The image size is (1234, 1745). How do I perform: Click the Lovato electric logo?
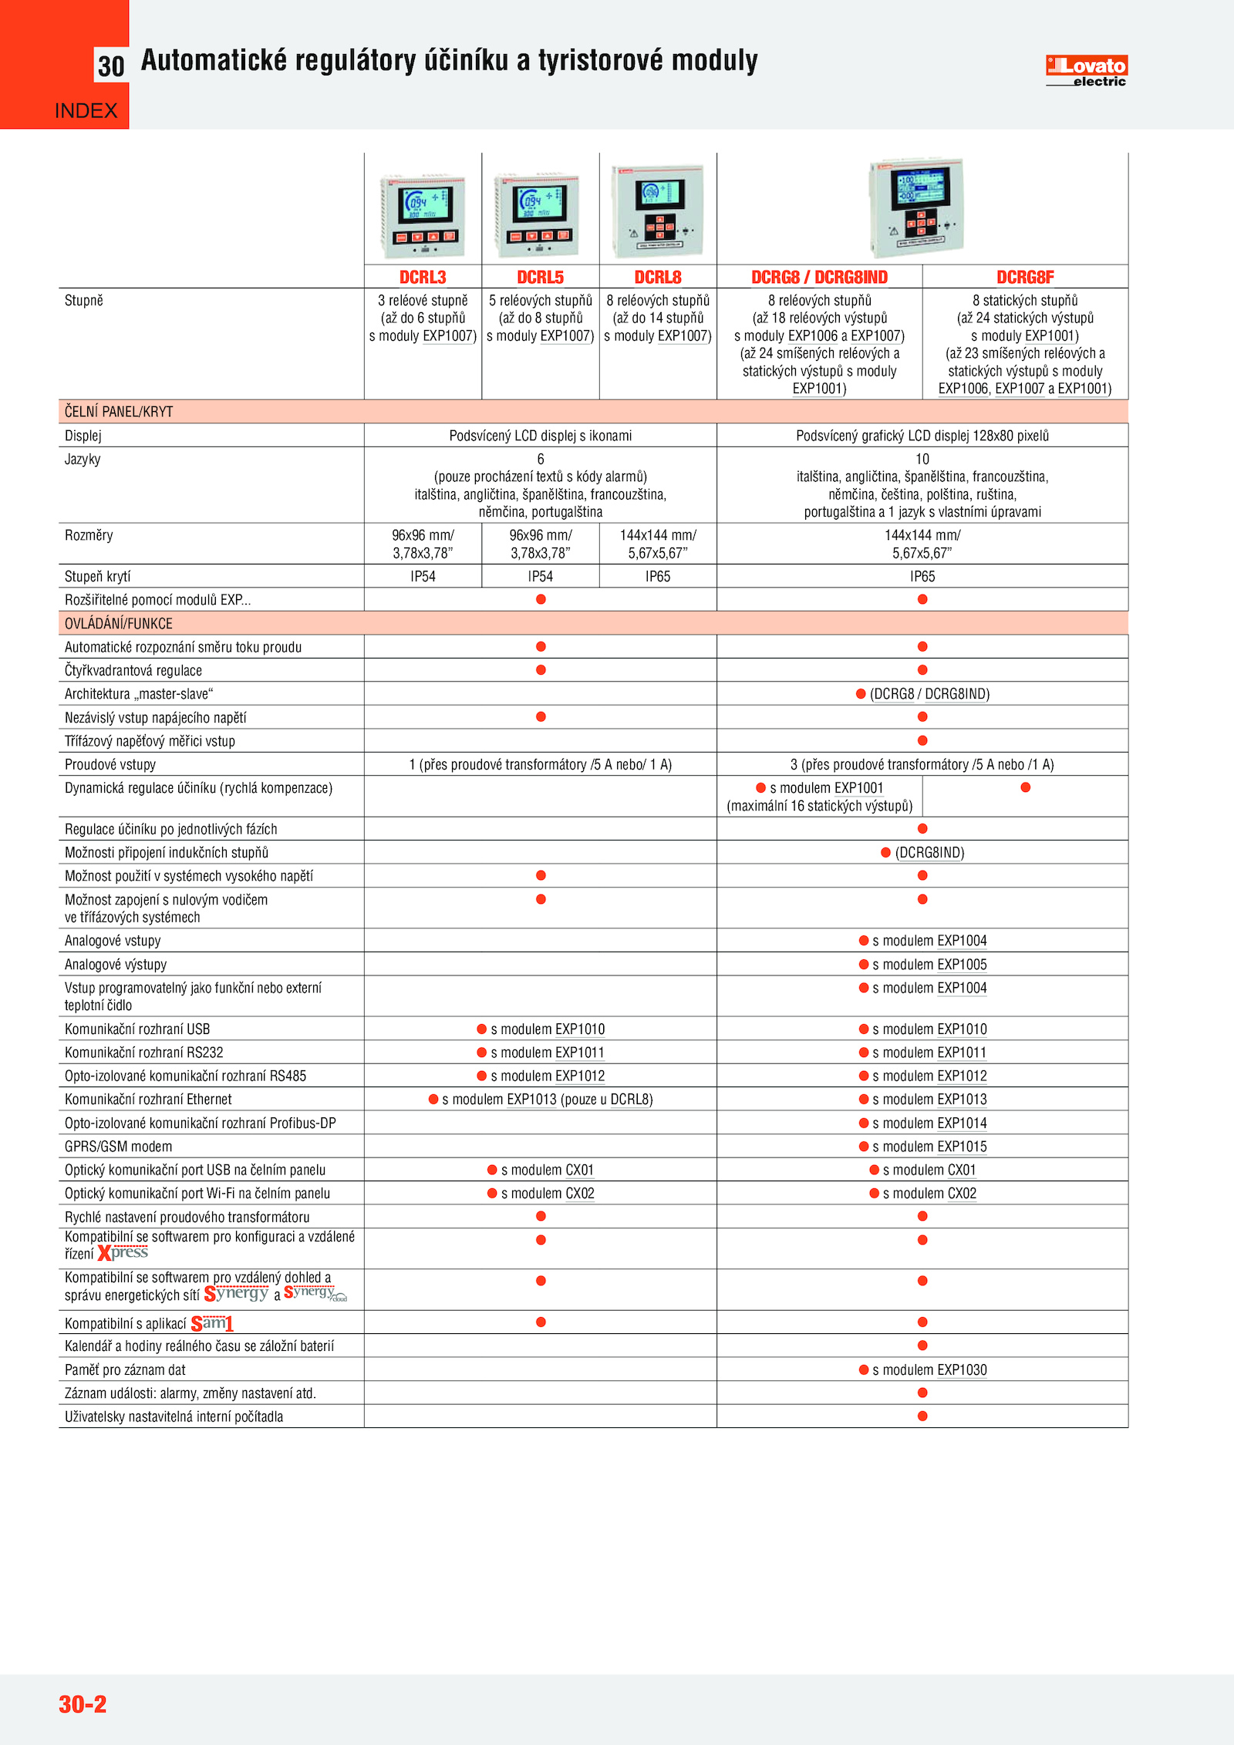[1086, 71]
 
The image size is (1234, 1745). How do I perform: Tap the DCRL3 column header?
[423, 277]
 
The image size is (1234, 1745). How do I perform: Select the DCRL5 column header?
[540, 277]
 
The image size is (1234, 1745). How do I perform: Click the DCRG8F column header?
[1025, 277]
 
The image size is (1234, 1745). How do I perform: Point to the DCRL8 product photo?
[658, 211]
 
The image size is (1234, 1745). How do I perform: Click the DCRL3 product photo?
[423, 216]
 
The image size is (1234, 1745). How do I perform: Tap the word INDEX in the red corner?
[86, 111]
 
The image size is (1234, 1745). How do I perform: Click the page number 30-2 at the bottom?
[83, 1703]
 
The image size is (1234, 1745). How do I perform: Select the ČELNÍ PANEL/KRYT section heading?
[119, 412]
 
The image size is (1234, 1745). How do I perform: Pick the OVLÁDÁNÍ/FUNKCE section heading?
[119, 624]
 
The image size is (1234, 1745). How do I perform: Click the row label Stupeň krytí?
[98, 576]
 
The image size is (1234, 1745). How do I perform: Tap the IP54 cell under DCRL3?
[423, 576]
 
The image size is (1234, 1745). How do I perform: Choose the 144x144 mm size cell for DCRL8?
[658, 544]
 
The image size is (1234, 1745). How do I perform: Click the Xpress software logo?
[123, 1253]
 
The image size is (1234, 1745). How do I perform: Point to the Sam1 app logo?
[212, 1323]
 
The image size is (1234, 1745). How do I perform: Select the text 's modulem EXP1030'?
[929, 1369]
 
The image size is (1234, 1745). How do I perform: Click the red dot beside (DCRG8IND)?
[885, 852]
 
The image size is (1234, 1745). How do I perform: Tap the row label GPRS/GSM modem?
[119, 1147]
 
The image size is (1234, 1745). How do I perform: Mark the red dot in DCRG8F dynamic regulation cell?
[1025, 787]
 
